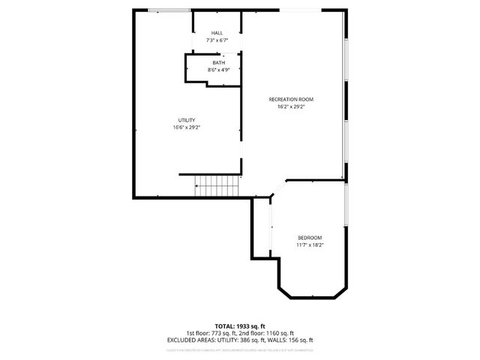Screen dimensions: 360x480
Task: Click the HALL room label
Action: pyautogui.click(x=217, y=33)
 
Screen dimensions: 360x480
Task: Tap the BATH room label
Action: pyautogui.click(x=217, y=62)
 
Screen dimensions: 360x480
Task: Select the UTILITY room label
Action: pyautogui.click(x=186, y=120)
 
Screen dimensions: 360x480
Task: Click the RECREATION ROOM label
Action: pyautogui.click(x=291, y=99)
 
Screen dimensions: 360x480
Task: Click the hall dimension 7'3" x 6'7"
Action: pyautogui.click(x=217, y=40)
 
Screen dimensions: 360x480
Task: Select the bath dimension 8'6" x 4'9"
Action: pyautogui.click(x=217, y=70)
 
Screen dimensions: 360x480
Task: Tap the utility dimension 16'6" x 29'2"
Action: pyautogui.click(x=186, y=127)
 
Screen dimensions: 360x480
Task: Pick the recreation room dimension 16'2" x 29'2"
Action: pyautogui.click(x=291, y=106)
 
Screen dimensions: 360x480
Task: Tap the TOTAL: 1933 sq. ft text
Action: pyautogui.click(x=239, y=325)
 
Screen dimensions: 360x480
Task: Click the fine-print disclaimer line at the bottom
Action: pyautogui.click(x=239, y=349)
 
